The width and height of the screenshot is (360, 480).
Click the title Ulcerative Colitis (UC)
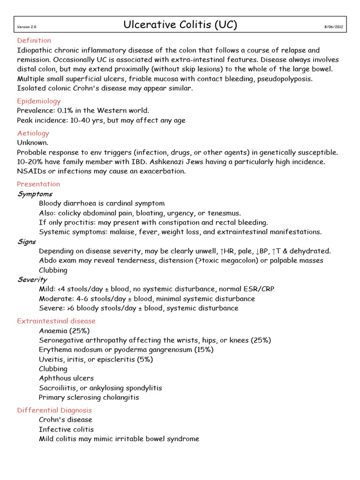tap(180, 25)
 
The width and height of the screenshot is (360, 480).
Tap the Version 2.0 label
tap(25, 27)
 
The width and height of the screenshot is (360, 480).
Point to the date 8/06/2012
tap(334, 27)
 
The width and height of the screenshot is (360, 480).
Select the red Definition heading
tap(34, 41)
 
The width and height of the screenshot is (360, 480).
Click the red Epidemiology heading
tap(38, 101)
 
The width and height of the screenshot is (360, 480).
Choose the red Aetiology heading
tap(33, 134)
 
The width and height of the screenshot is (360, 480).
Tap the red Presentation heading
tap(38, 184)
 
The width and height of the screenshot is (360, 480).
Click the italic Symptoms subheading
tap(35, 194)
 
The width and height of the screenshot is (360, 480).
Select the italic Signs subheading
tap(26, 242)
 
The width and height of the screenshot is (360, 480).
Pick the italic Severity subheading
tap(32, 280)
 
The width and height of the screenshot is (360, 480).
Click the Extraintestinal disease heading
tap(56, 321)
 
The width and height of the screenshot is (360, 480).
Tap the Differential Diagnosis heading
tap(54, 410)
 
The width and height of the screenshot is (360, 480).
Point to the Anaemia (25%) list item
tap(64, 331)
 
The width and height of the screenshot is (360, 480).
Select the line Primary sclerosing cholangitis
tap(89, 397)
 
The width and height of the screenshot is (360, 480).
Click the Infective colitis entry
tap(66, 429)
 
